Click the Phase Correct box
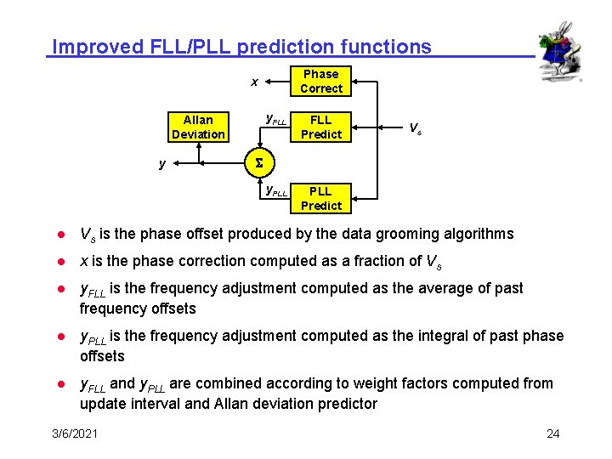[x=320, y=82]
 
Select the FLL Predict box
[x=320, y=127]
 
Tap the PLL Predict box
[x=320, y=198]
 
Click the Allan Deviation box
[x=198, y=127]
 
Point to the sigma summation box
[x=259, y=162]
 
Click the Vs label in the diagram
[x=415, y=128]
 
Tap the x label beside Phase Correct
[x=254, y=82]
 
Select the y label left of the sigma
[x=162, y=163]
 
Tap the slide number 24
[x=552, y=434]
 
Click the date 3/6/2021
[x=75, y=434]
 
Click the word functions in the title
[x=388, y=47]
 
